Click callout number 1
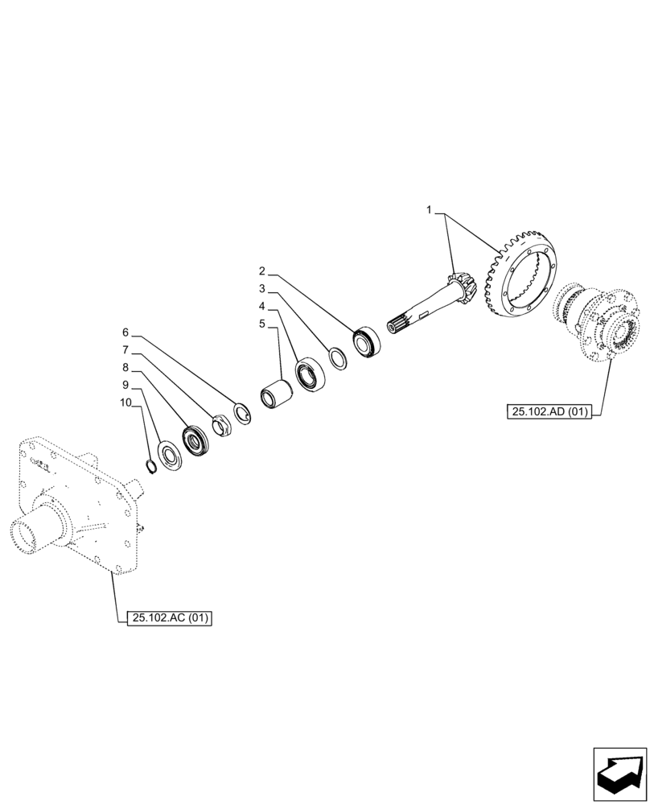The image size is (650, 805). pyautogui.click(x=430, y=210)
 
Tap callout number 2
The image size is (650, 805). pyautogui.click(x=262, y=270)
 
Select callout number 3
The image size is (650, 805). pyautogui.click(x=262, y=288)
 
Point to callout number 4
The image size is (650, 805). pyautogui.click(x=262, y=306)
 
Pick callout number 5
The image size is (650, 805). pyautogui.click(x=262, y=324)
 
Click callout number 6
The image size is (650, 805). pyautogui.click(x=125, y=332)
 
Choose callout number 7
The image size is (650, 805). pyautogui.click(x=125, y=350)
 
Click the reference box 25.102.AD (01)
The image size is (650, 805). pyautogui.click(x=549, y=412)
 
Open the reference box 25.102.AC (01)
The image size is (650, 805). pyautogui.click(x=168, y=618)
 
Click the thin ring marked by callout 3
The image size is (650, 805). pyautogui.click(x=339, y=357)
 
